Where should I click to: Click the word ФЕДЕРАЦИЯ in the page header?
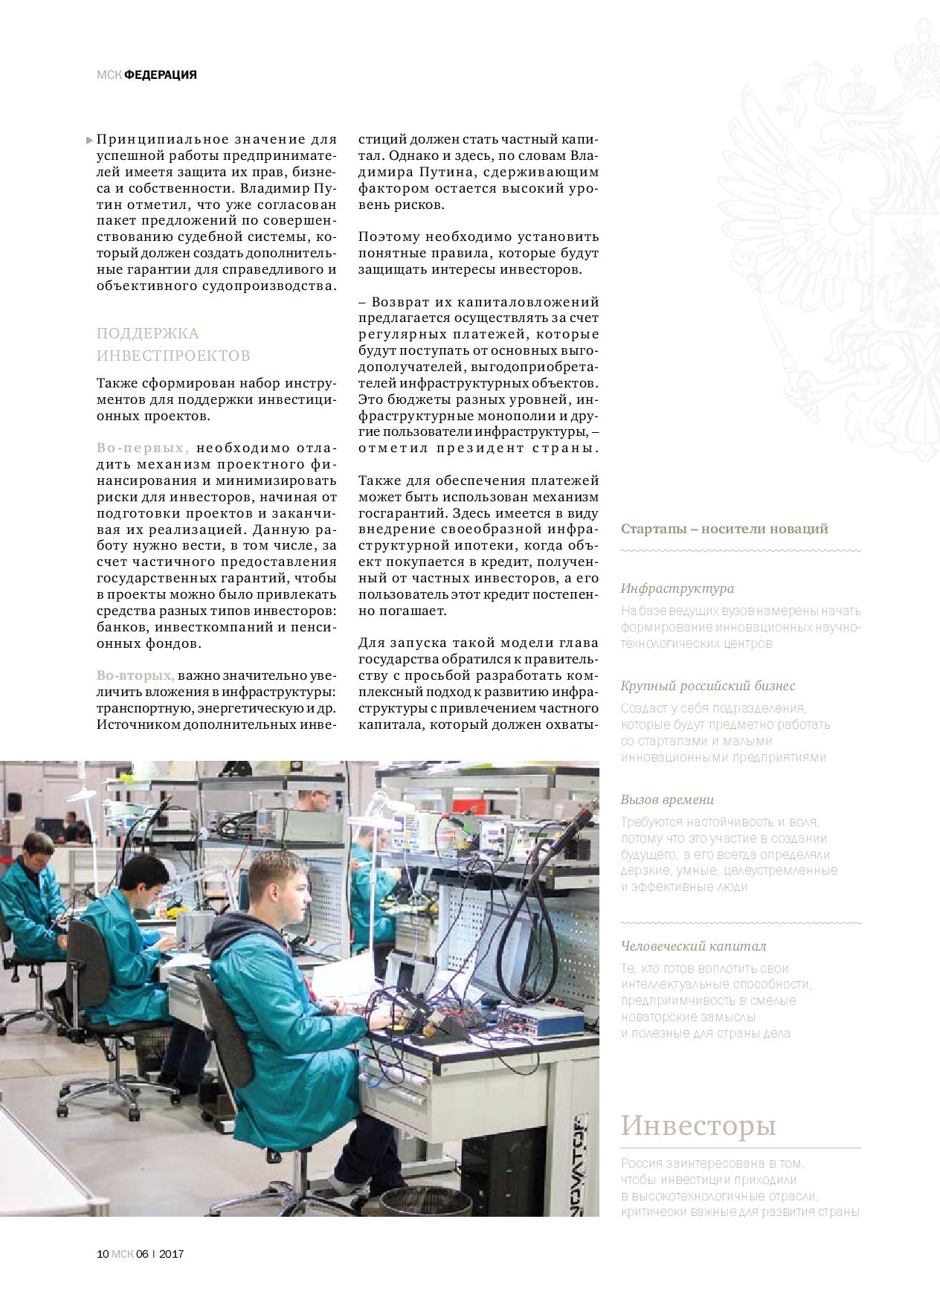(x=160, y=74)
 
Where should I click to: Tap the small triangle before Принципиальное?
(x=90, y=140)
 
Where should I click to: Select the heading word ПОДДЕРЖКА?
(x=148, y=333)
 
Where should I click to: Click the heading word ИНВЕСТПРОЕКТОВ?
(x=173, y=356)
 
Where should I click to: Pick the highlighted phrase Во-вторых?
(x=135, y=675)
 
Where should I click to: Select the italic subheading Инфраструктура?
(x=677, y=588)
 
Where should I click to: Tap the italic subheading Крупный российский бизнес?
(x=707, y=686)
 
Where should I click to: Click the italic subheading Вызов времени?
(x=667, y=800)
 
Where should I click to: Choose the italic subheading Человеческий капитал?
(x=693, y=946)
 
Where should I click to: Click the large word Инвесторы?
(x=698, y=1125)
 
